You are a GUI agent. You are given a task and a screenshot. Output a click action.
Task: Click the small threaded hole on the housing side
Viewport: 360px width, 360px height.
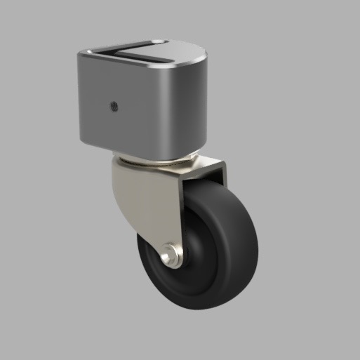[x=114, y=107]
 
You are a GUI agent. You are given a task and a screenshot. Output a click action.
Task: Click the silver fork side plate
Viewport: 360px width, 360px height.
[x=151, y=204]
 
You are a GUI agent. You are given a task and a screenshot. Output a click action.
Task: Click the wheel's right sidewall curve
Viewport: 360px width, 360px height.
[x=255, y=239]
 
